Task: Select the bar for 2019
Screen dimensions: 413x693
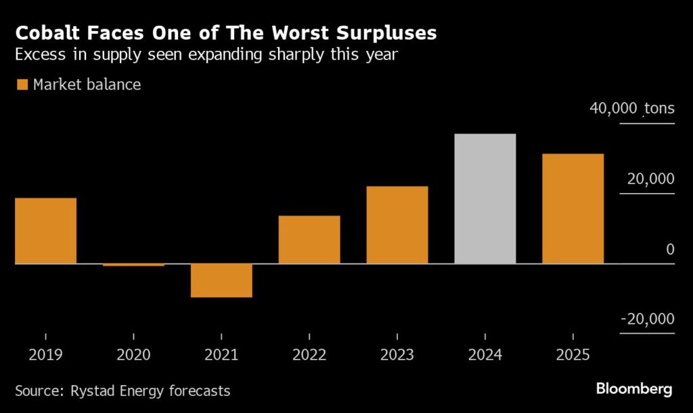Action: coord(45,230)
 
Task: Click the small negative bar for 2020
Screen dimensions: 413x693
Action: coord(133,265)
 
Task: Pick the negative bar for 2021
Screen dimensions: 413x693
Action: coord(221,280)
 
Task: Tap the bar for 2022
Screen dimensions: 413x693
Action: coord(309,240)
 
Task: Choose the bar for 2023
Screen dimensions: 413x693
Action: coord(397,225)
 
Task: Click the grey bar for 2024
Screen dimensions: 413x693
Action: coord(485,198)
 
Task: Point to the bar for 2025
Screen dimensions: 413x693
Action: coord(573,209)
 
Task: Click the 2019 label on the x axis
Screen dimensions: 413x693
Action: coord(45,355)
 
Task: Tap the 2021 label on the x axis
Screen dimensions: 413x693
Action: coord(221,355)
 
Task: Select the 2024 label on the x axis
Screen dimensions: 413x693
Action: coord(485,355)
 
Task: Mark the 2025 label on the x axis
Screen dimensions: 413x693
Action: coord(573,355)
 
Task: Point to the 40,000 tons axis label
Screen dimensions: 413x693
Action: coord(632,109)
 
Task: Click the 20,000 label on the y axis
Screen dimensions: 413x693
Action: coord(648,179)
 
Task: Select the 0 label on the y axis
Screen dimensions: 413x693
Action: coord(670,250)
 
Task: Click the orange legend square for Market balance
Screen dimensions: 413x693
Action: coord(22,85)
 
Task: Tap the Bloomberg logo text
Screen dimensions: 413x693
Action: coord(633,389)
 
